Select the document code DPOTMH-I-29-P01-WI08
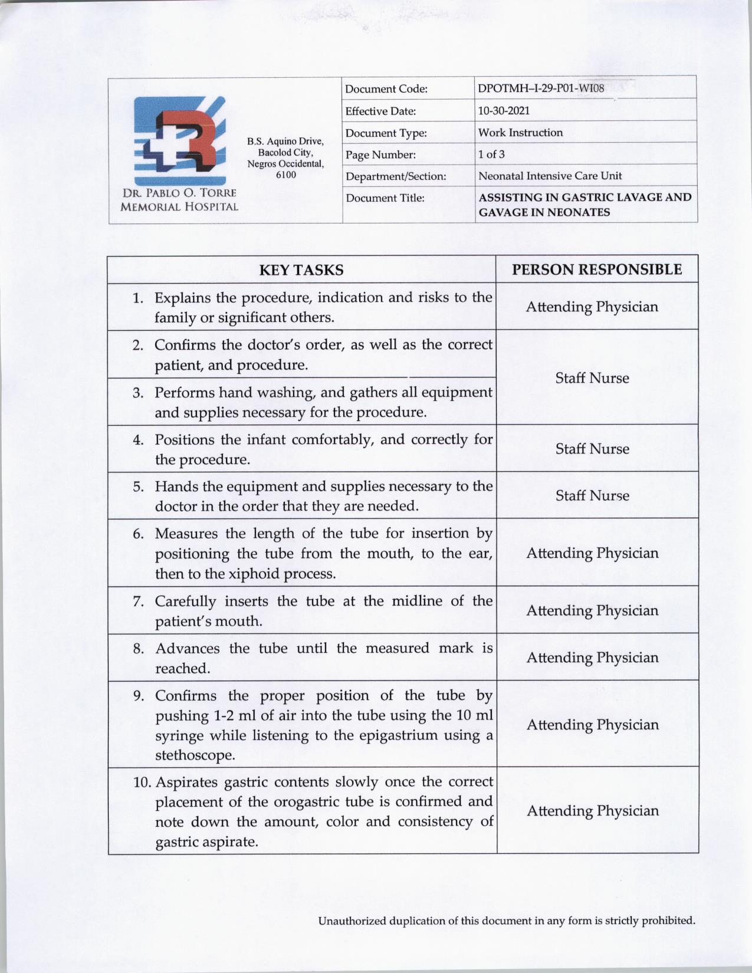(541, 89)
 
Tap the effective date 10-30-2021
(504, 111)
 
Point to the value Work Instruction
(520, 133)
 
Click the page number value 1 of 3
(491, 155)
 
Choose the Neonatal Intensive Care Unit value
(550, 176)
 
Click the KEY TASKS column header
(301, 270)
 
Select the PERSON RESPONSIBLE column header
(597, 269)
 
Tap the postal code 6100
(286, 175)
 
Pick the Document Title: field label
(385, 198)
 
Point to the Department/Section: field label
(396, 176)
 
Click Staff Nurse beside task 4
(592, 449)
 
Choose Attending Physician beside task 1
(592, 307)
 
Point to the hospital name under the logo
(179, 200)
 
